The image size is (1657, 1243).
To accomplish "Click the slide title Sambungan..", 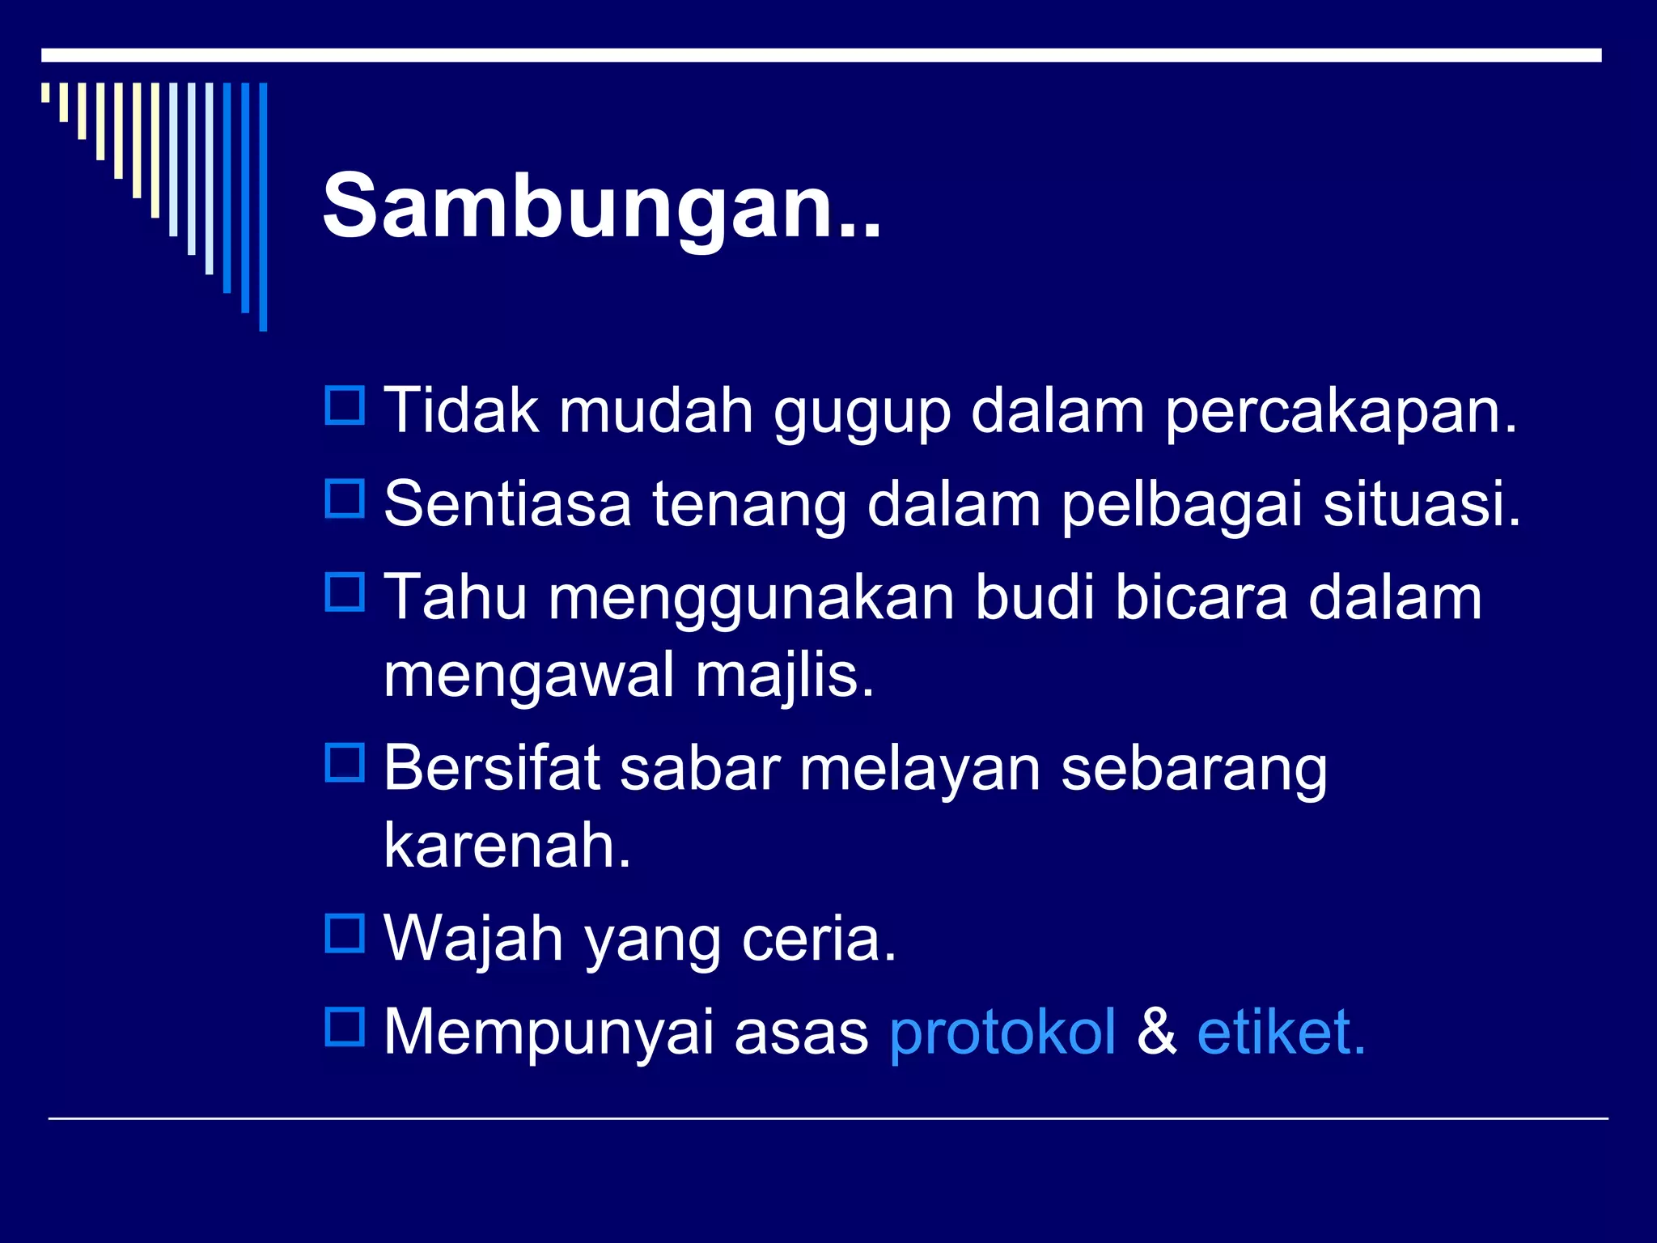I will (x=601, y=206).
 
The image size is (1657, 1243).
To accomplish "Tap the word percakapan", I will (x=1341, y=412).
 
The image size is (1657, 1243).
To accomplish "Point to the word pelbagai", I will (x=1181, y=505).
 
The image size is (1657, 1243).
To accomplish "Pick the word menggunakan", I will (x=752, y=599).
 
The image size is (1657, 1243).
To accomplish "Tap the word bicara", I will (x=1201, y=597).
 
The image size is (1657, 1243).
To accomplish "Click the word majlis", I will (x=784, y=676).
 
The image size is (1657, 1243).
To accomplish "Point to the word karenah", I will (x=507, y=845).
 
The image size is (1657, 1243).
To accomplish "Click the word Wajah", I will (x=473, y=940).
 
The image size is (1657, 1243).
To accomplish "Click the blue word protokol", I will (x=1002, y=1033).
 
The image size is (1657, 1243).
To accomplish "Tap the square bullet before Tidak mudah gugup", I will (x=345, y=405).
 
